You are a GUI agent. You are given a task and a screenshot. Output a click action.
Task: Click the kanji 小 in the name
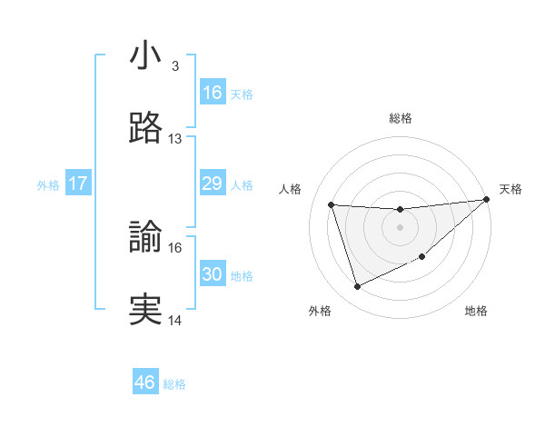(145, 56)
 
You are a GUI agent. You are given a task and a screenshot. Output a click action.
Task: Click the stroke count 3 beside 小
(174, 66)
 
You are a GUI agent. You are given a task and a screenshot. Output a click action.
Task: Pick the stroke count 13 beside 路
(175, 139)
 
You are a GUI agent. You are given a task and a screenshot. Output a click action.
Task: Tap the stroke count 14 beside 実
(175, 320)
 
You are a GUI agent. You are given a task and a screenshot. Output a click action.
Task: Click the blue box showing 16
(213, 93)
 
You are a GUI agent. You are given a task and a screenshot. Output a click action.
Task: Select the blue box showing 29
(213, 184)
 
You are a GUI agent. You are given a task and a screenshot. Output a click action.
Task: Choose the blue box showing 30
(213, 274)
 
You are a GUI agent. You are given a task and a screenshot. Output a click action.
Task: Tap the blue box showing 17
(78, 184)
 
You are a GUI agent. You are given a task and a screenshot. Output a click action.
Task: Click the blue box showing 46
(145, 382)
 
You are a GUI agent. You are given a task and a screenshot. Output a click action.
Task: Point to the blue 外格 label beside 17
(48, 184)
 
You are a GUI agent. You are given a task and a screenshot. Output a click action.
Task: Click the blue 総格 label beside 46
(174, 383)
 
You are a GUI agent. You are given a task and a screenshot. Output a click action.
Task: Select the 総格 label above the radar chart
(400, 118)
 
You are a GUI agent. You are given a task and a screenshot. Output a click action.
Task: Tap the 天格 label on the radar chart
(510, 189)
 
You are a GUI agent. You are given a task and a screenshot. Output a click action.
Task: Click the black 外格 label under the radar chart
(320, 312)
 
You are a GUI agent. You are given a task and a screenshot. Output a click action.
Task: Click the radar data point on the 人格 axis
(332, 204)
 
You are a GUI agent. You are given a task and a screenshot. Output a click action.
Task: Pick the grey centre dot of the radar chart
(400, 227)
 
